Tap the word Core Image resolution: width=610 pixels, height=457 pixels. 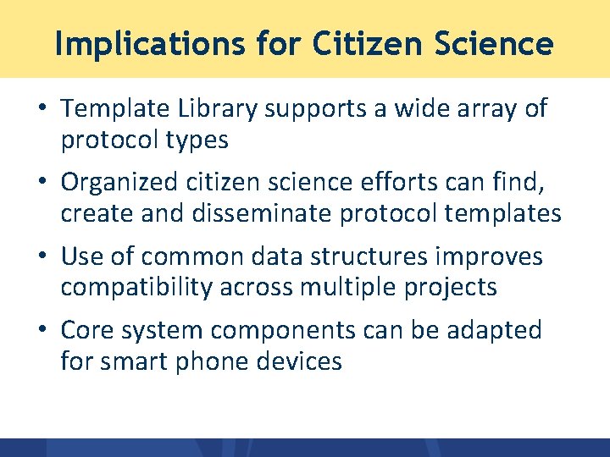[x=88, y=330]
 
